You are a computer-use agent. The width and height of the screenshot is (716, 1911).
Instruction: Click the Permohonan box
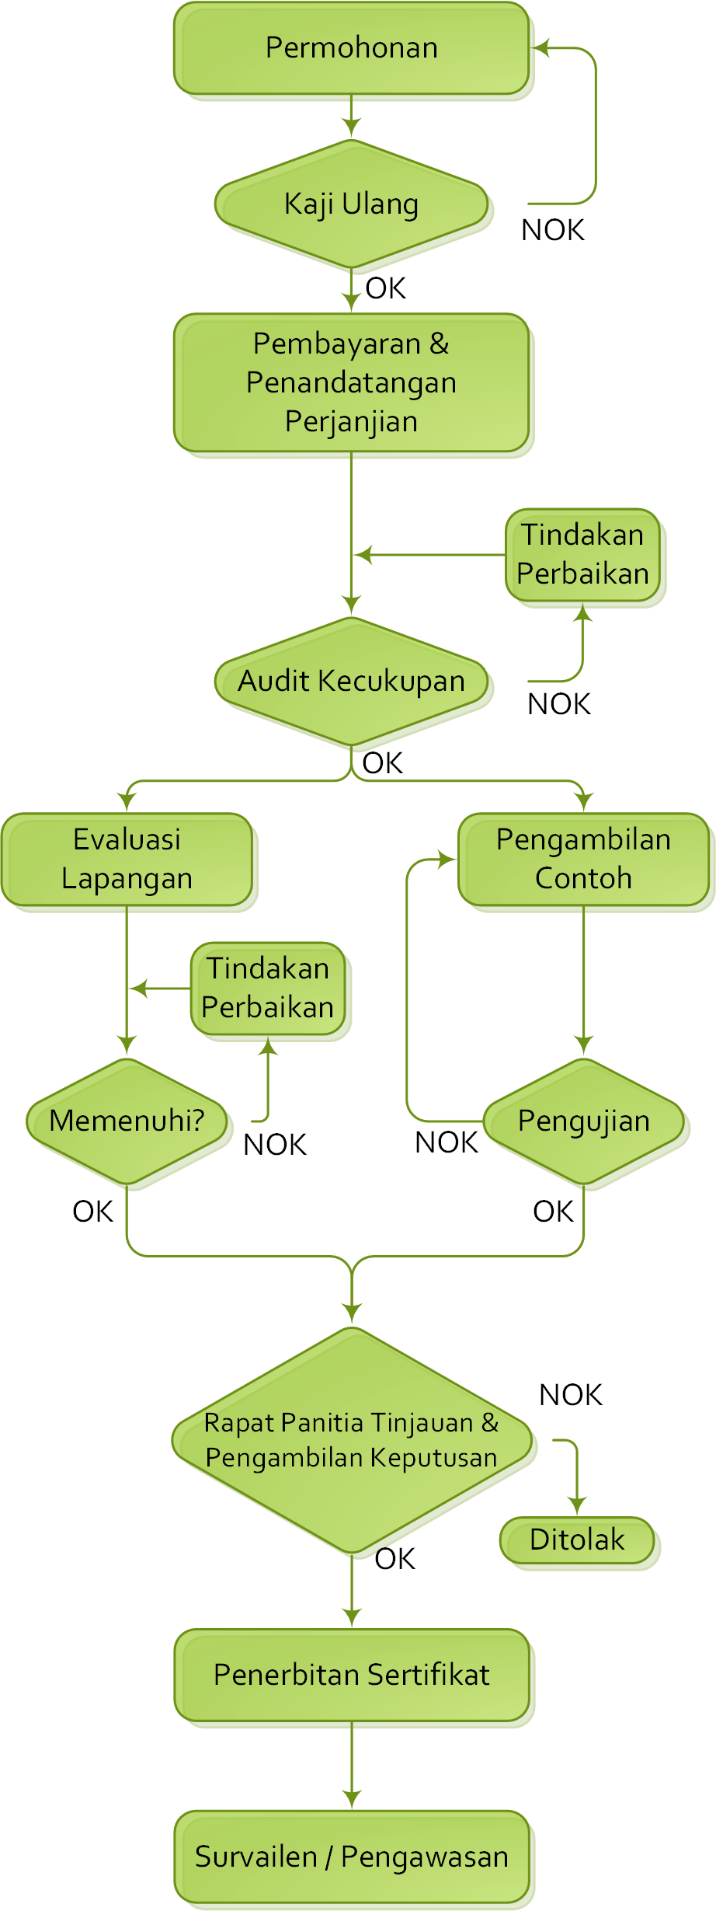click(351, 48)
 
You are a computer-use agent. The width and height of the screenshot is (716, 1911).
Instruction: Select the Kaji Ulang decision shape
click(351, 204)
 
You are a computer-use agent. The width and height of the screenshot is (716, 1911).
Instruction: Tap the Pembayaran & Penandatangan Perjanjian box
click(351, 382)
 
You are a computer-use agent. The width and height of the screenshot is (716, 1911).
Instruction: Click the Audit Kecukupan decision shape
click(351, 682)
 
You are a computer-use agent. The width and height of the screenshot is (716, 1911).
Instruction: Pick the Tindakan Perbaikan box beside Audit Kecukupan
click(582, 555)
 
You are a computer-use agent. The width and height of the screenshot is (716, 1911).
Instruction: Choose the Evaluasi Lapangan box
click(127, 860)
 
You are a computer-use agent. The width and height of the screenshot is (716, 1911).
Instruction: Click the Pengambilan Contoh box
click(583, 860)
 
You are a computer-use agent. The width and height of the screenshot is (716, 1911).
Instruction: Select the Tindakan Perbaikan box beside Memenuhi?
click(268, 989)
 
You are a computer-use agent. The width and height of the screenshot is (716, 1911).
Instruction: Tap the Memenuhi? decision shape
click(127, 1121)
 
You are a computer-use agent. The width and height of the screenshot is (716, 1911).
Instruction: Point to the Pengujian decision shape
click(583, 1121)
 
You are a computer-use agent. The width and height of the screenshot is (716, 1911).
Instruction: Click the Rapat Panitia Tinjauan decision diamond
click(352, 1440)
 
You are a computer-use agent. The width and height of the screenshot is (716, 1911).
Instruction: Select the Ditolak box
click(577, 1540)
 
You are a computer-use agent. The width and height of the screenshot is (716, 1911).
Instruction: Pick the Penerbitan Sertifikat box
click(351, 1675)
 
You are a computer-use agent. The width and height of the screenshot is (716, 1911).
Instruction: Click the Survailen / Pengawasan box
click(351, 1857)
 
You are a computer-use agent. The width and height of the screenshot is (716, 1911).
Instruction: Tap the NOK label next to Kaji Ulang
click(553, 230)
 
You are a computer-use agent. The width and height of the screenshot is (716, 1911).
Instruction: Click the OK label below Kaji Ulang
click(386, 288)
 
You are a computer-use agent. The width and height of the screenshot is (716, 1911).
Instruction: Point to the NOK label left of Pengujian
click(447, 1142)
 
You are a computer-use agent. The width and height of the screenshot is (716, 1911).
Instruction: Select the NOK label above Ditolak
click(571, 1395)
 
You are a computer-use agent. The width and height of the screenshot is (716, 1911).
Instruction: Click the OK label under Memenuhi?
click(92, 1212)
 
